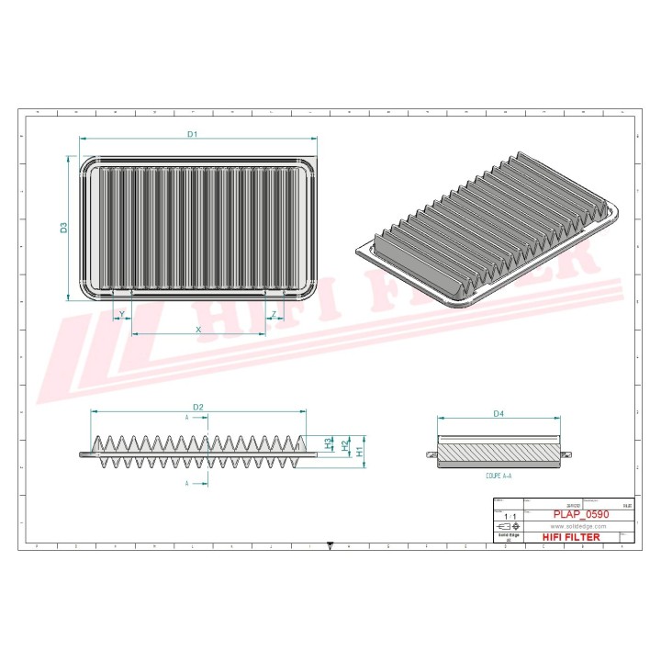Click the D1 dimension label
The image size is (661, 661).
point(193,134)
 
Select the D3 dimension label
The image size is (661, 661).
point(64,227)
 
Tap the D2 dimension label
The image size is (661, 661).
point(197,407)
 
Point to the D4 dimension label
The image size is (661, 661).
point(499,414)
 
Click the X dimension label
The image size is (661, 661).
point(197,329)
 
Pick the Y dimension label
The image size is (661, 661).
point(122,315)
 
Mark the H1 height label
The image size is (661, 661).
point(360,451)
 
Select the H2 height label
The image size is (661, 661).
point(344,446)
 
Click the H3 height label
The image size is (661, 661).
point(329,443)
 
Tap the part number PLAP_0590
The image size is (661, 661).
point(581,515)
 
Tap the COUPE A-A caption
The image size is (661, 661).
point(499,477)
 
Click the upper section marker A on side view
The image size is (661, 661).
point(187,417)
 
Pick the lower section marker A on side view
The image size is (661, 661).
point(187,482)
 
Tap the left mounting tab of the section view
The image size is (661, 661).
point(432,455)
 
